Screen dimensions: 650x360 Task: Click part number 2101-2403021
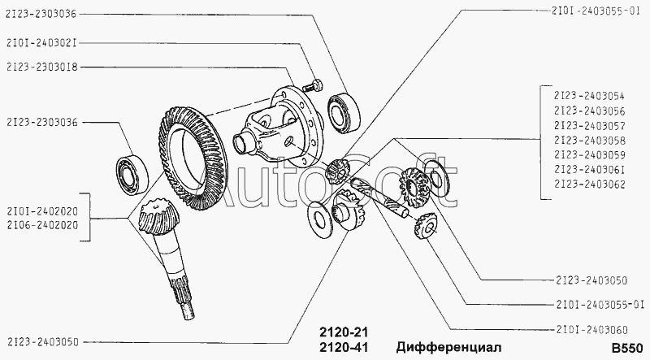click(42, 43)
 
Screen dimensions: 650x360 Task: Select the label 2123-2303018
click(42, 67)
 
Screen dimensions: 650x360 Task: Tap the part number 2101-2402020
click(42, 211)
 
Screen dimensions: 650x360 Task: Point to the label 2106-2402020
click(42, 225)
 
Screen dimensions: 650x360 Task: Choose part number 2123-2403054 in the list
click(589, 96)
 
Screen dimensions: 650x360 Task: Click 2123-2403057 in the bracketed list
click(589, 125)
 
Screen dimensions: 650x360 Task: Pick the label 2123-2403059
click(589, 154)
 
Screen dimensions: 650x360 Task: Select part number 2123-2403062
click(589, 184)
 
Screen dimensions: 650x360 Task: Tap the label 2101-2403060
click(591, 330)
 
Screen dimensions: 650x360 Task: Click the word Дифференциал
click(448, 347)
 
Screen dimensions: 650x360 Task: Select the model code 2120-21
click(344, 332)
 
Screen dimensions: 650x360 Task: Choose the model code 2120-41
click(344, 347)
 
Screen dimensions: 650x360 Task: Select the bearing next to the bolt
click(344, 112)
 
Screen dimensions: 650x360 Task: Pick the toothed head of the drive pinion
click(158, 218)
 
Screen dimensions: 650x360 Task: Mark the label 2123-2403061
click(589, 169)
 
